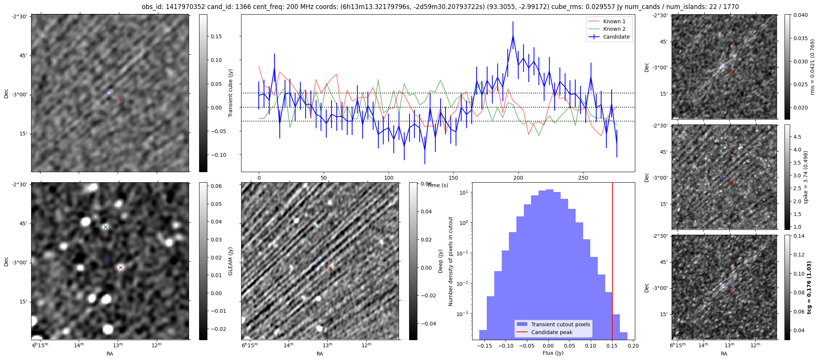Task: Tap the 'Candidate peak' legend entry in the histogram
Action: coord(552,332)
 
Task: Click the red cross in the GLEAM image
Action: coord(120,267)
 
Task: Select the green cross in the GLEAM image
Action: coord(105,227)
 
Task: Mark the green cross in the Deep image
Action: coord(315,226)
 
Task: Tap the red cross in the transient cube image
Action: coord(120,99)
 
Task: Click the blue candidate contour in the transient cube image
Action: coord(109,93)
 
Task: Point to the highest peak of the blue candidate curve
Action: coord(513,36)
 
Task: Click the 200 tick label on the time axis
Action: coord(518,178)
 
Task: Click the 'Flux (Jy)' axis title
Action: coord(553,353)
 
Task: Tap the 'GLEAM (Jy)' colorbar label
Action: coord(230,261)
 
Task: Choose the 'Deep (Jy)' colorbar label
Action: coord(440,261)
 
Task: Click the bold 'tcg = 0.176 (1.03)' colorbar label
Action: coord(809,287)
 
